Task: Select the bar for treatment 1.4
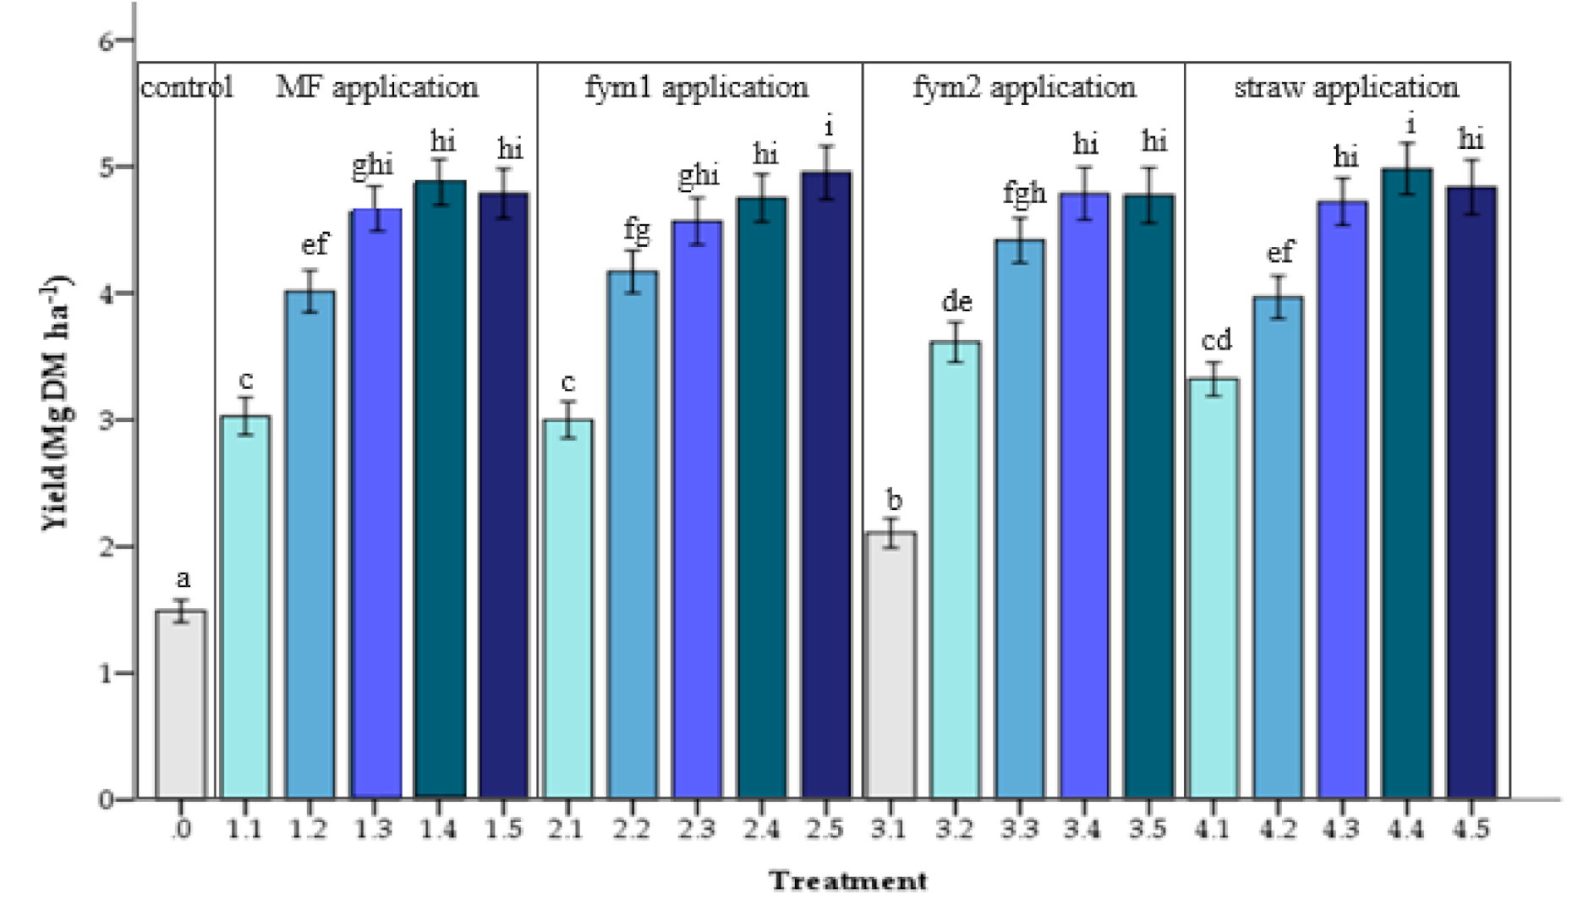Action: (x=440, y=491)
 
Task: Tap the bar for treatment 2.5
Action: (x=826, y=486)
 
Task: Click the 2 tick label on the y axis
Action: (x=107, y=546)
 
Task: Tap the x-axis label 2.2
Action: (x=631, y=830)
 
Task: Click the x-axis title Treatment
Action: (x=847, y=881)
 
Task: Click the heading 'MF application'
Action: (x=376, y=87)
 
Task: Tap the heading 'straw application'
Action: (x=1345, y=87)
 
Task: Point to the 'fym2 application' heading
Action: (x=1023, y=87)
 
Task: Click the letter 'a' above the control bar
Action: (x=183, y=579)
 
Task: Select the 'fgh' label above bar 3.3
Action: (x=1024, y=194)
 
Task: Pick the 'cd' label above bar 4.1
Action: (x=1216, y=340)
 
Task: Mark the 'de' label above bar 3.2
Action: (x=956, y=302)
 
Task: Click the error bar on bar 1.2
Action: (x=310, y=291)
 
